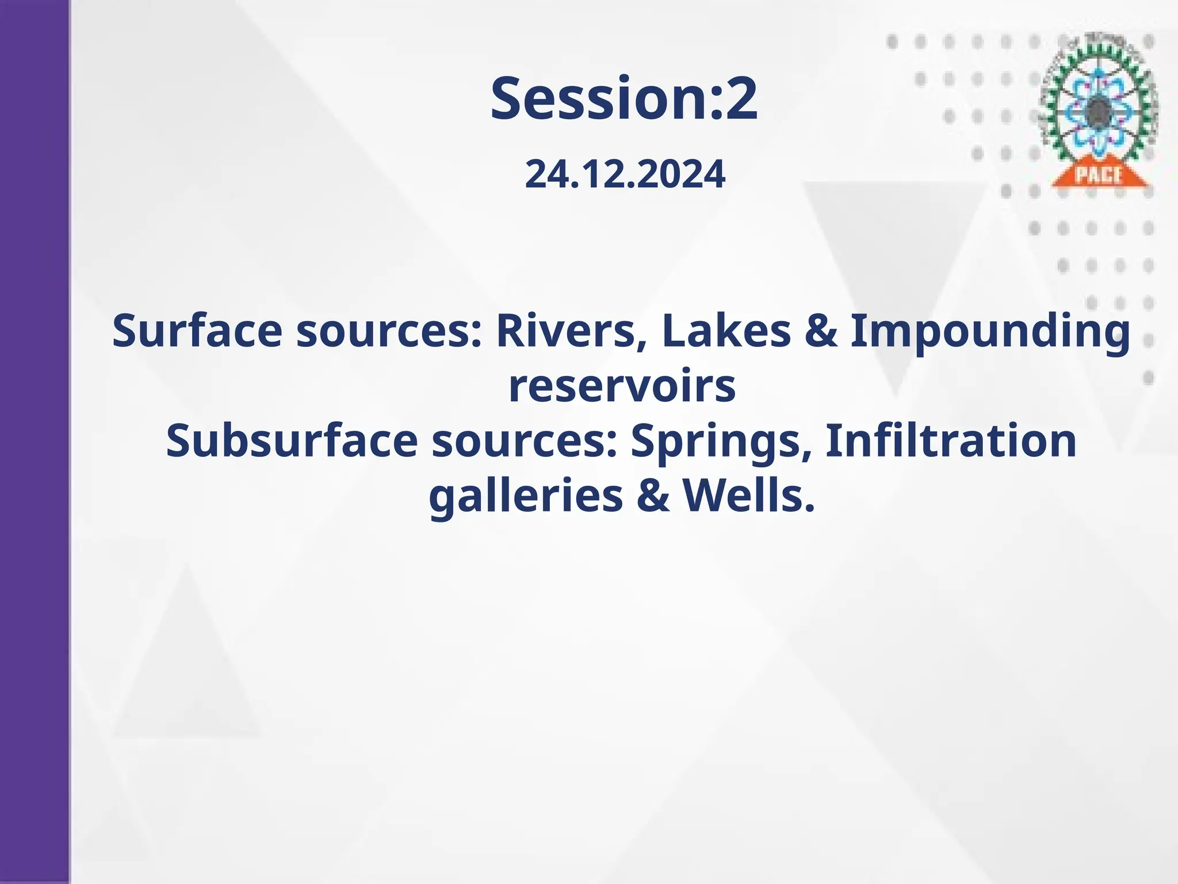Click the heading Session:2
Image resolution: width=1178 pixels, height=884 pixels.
624,99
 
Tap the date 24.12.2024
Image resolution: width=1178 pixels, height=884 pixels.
625,174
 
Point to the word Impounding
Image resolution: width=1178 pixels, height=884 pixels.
990,333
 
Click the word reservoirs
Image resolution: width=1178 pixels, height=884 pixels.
622,386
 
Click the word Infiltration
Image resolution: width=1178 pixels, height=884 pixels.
951,441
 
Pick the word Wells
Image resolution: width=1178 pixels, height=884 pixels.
749,496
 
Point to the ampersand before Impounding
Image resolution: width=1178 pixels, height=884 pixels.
821,331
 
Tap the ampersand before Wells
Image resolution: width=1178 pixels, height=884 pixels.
653,496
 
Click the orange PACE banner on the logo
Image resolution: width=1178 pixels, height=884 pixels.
1098,174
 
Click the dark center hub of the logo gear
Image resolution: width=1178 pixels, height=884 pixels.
1098,109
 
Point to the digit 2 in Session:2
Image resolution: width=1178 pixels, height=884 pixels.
741,99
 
